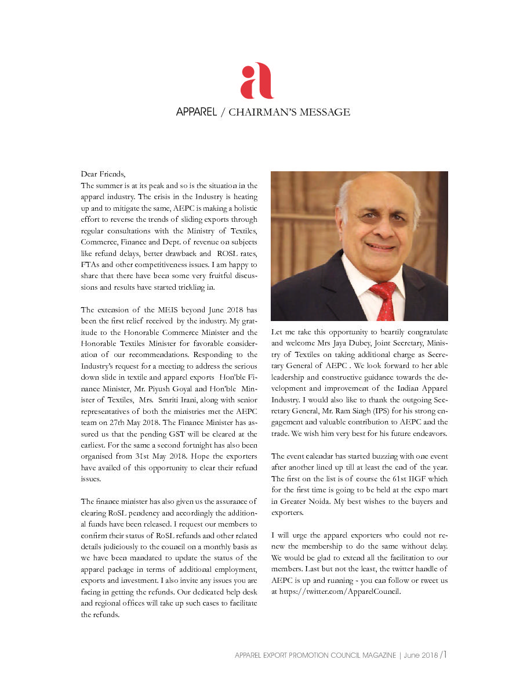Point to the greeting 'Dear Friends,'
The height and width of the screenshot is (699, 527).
click(103, 174)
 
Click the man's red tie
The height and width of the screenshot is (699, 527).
click(385, 299)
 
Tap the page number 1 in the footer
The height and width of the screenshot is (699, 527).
click(444, 655)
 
